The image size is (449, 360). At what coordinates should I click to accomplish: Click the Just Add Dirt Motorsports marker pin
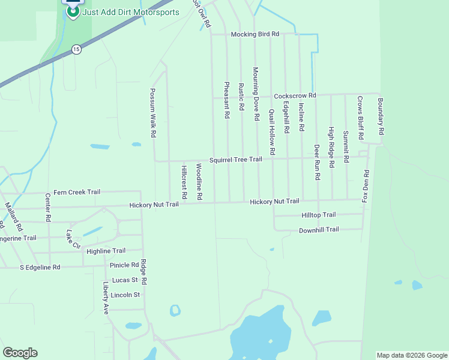73,12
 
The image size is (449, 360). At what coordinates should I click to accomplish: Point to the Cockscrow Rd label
295,96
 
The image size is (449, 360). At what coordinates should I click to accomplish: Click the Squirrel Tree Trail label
235,160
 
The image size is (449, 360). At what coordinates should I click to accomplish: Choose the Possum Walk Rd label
152,113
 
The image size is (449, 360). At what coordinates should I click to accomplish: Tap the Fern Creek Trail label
76,192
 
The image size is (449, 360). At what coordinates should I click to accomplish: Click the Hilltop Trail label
318,215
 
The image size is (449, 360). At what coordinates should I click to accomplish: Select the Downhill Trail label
319,230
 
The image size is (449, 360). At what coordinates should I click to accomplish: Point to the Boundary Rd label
381,117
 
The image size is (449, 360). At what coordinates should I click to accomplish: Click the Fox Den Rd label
365,186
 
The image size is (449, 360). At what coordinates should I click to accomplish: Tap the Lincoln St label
125,295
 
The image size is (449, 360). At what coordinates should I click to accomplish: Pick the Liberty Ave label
106,298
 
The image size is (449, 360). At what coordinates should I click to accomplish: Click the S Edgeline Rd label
40,267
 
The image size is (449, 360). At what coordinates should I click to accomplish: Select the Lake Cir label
73,239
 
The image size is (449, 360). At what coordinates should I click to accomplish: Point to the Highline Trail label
106,251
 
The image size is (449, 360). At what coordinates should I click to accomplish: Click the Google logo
20,353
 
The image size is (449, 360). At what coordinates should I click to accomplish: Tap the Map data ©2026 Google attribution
411,355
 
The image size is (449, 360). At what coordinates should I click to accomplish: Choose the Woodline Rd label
199,182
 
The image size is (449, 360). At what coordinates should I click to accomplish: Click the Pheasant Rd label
227,99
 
